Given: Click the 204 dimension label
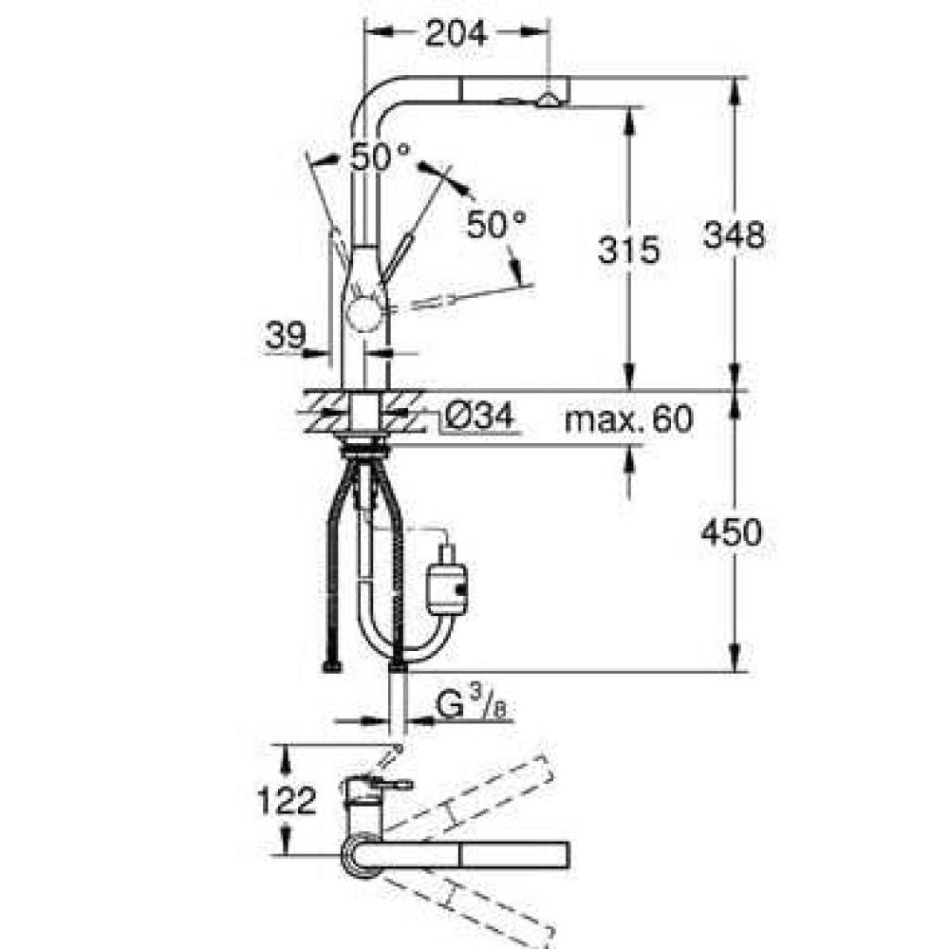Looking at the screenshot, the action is click(x=456, y=33).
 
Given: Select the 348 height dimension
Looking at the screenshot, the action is click(x=734, y=234).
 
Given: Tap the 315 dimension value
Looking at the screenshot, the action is click(x=628, y=250).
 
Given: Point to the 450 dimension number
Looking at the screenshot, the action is click(x=731, y=532).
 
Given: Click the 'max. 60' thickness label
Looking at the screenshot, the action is click(x=628, y=419).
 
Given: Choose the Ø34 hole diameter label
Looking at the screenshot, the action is click(x=479, y=417).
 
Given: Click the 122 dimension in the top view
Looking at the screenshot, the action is click(x=287, y=800).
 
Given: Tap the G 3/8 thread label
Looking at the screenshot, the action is click(x=471, y=705).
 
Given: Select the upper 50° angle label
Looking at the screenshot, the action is click(x=381, y=157).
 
